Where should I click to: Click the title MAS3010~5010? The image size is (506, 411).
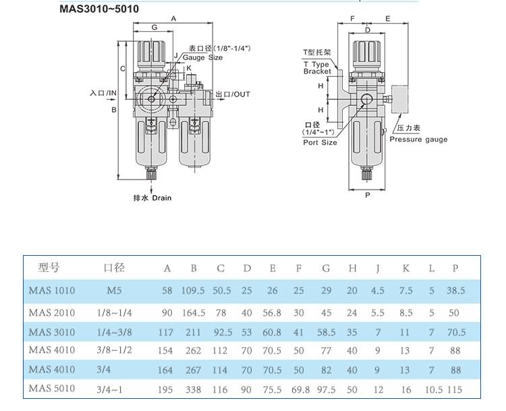[101, 10]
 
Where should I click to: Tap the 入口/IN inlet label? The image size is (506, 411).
[103, 92]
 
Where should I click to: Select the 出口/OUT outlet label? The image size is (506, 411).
[233, 94]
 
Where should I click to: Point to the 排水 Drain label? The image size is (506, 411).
[152, 198]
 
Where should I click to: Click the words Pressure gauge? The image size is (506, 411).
[418, 140]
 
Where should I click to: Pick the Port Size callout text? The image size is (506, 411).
[320, 142]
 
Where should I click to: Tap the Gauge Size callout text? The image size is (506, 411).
[202, 58]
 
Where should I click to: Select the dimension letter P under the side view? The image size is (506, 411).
[367, 195]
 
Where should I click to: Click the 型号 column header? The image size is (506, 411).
[51, 268]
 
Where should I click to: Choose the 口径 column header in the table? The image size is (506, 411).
[115, 268]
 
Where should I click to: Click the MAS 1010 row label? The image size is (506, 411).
[52, 291]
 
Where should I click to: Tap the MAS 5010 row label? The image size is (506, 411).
[52, 389]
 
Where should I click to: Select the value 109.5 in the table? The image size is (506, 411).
[194, 291]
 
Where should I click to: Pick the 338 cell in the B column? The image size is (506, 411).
[194, 389]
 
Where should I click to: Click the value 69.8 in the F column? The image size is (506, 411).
[299, 389]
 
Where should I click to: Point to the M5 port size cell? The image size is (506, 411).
[115, 291]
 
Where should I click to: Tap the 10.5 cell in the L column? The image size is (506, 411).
[432, 389]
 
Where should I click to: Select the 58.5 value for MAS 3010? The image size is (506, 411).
[326, 332]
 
